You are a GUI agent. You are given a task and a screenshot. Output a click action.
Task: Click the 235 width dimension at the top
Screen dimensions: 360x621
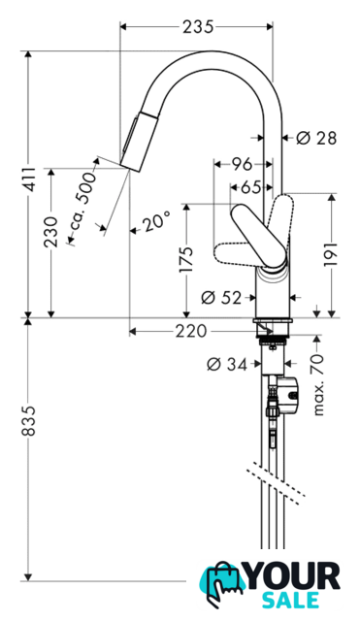(x=198, y=27)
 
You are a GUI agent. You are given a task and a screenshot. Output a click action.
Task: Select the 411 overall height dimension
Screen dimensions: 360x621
(x=28, y=179)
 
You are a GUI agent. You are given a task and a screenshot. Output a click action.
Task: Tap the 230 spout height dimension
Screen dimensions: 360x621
(x=51, y=232)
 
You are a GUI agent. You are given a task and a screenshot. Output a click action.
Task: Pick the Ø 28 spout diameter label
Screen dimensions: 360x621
(x=316, y=138)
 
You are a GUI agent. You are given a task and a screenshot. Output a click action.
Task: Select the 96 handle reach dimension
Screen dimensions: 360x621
(x=242, y=164)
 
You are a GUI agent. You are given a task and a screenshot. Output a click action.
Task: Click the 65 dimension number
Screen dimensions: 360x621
(x=251, y=187)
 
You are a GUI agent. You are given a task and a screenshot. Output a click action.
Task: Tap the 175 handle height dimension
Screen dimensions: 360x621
(x=185, y=259)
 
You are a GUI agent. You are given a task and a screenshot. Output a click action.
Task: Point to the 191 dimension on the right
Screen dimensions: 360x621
(x=332, y=254)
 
